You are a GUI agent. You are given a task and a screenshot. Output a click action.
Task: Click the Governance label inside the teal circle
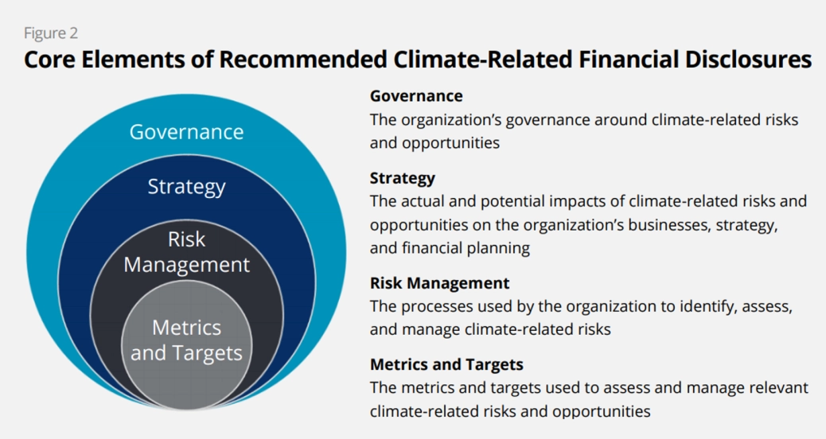tap(186, 131)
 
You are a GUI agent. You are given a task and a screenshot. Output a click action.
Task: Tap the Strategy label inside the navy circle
tap(186, 187)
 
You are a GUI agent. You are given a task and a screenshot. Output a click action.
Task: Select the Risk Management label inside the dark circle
tap(186, 252)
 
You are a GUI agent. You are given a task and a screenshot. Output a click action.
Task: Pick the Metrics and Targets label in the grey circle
tap(186, 340)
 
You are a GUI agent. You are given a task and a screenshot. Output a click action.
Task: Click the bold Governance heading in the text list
tap(416, 96)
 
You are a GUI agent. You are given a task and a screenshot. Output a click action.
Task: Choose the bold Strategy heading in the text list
tap(403, 178)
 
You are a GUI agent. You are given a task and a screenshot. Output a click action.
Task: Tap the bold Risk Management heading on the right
tap(439, 283)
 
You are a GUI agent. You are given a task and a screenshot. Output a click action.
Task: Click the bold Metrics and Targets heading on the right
tap(446, 365)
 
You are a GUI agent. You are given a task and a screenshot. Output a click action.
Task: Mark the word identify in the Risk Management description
tap(701, 306)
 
